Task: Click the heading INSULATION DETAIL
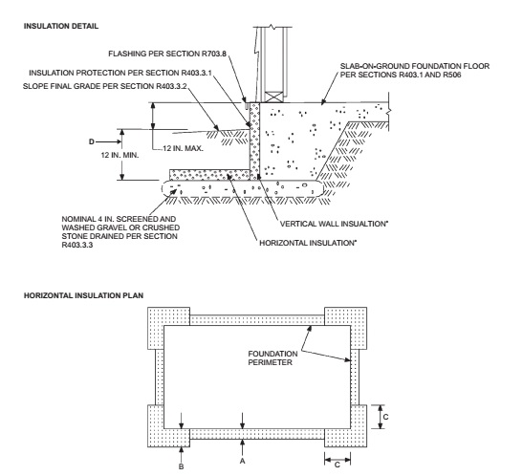[61, 26]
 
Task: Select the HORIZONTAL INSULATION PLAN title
[84, 295]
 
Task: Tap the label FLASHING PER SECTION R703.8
[167, 54]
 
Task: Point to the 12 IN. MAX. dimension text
[183, 148]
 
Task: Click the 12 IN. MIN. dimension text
[120, 155]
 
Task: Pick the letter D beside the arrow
[92, 142]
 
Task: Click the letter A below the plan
[243, 461]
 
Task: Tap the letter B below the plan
[181, 466]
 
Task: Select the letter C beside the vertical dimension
[386, 417]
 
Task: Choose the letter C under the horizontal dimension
[338, 465]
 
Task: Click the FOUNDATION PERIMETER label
[272, 358]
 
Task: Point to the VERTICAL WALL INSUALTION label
[334, 224]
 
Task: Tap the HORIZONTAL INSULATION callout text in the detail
[308, 243]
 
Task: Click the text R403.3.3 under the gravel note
[77, 245]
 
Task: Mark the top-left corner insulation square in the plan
[169, 329]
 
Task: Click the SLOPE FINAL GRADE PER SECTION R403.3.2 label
[105, 86]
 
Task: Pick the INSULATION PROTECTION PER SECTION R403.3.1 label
[120, 73]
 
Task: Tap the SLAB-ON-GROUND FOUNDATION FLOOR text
[415, 66]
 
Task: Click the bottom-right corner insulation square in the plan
[346, 426]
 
